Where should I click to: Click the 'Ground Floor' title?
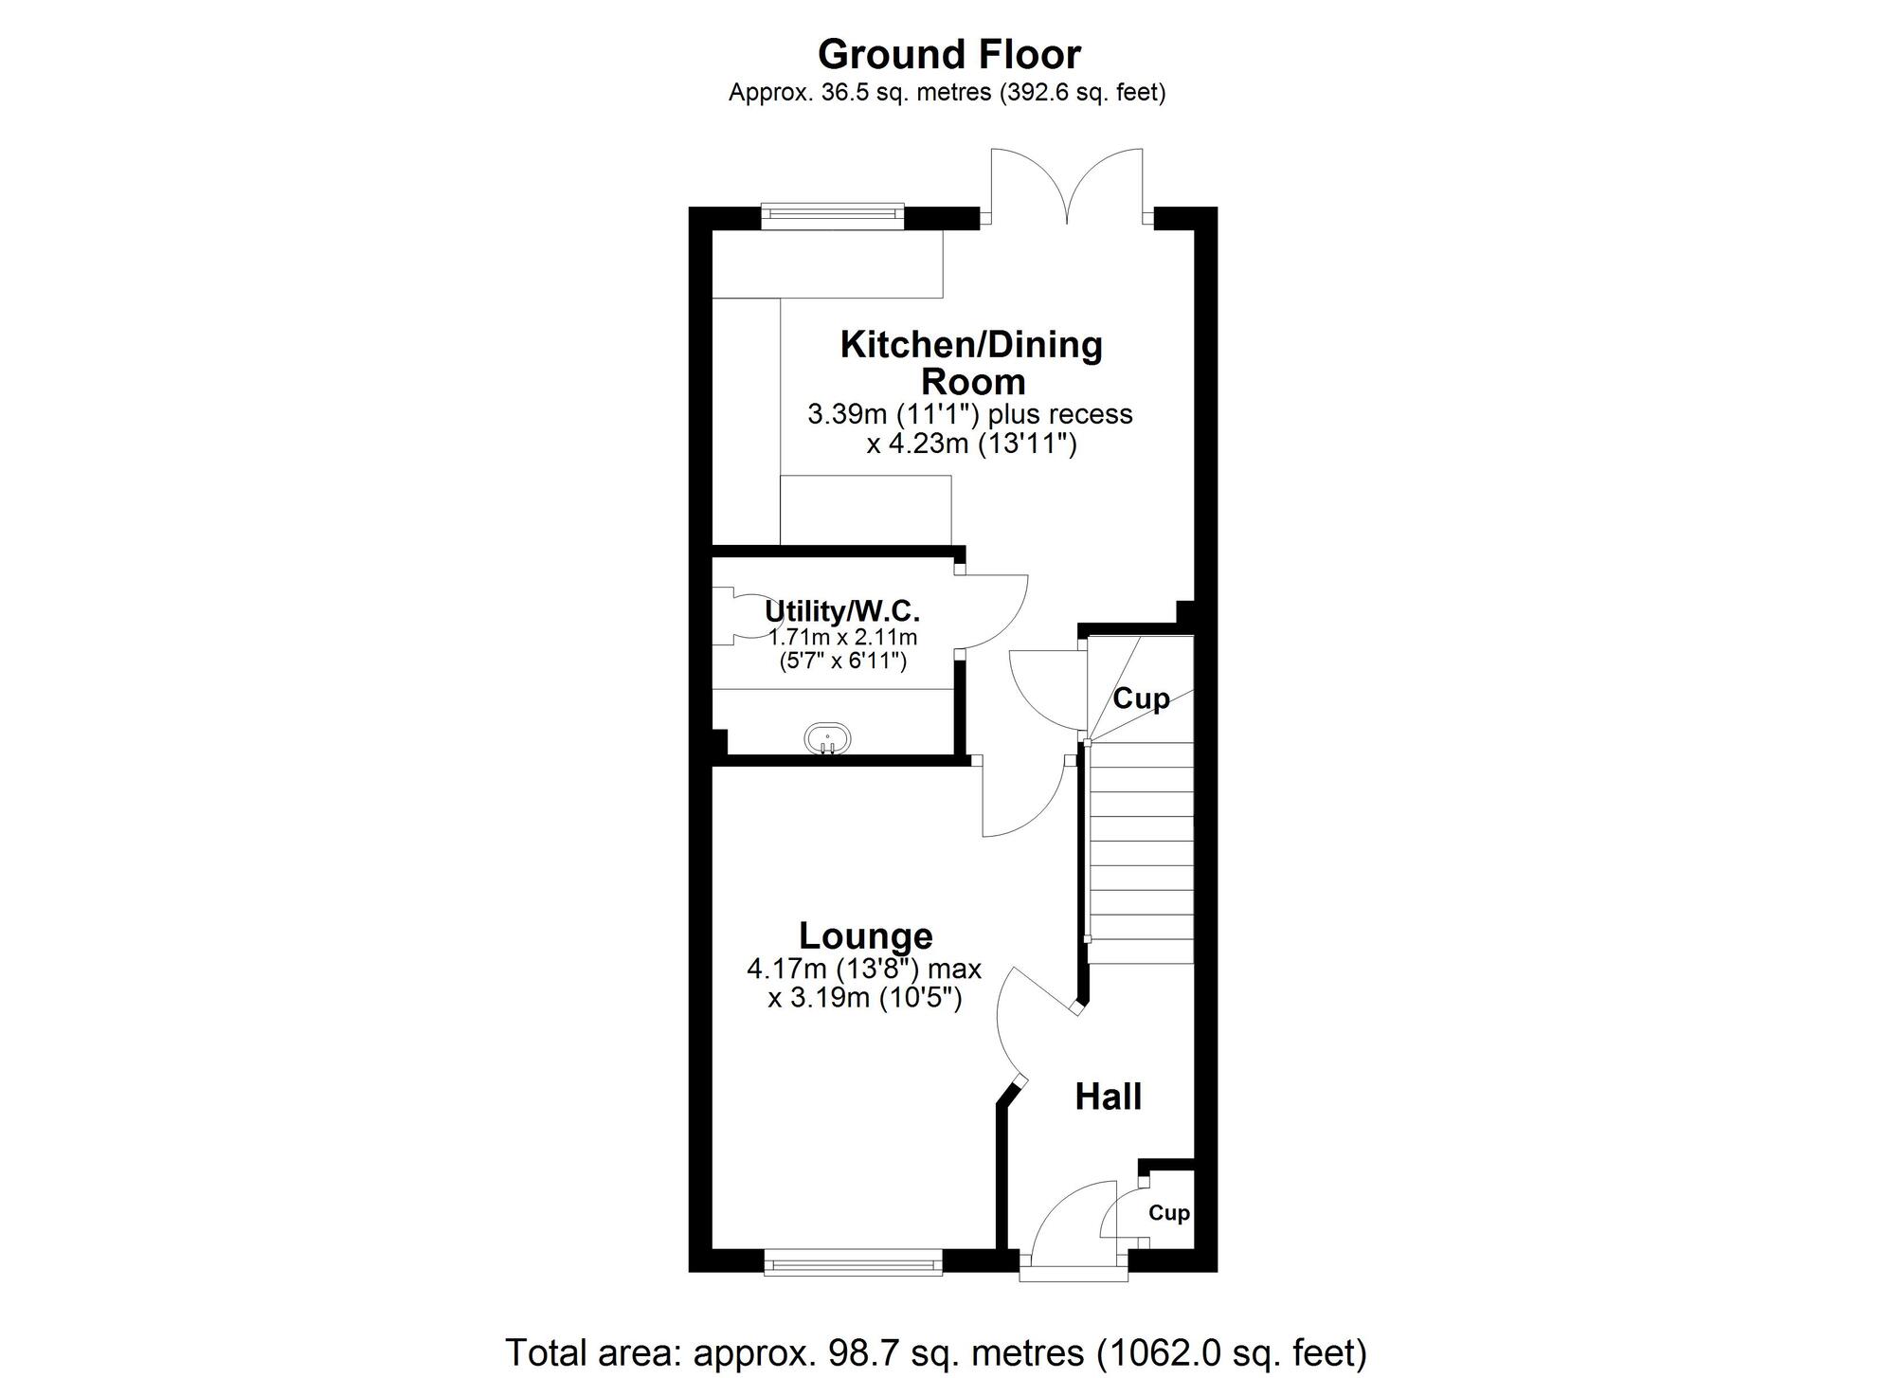tap(948, 55)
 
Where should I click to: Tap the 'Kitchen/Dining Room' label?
tap(972, 362)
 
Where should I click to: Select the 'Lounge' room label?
tap(866, 935)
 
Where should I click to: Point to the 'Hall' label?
tap(1108, 1097)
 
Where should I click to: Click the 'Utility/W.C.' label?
tap(842, 611)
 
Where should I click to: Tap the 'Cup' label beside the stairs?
tap(1141, 698)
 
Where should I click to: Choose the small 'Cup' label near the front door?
tap(1169, 1213)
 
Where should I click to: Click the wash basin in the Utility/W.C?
tap(827, 738)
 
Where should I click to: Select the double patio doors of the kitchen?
tap(1067, 186)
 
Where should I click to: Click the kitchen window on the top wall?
tap(833, 216)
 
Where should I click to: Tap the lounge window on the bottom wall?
tap(853, 1260)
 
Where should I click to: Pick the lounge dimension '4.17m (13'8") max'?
tap(864, 970)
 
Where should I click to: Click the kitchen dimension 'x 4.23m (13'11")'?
tap(972, 444)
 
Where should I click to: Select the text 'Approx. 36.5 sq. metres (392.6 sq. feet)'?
tap(947, 93)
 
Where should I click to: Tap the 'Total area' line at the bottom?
tap(936, 1352)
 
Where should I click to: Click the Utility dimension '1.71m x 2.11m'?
tap(842, 638)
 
